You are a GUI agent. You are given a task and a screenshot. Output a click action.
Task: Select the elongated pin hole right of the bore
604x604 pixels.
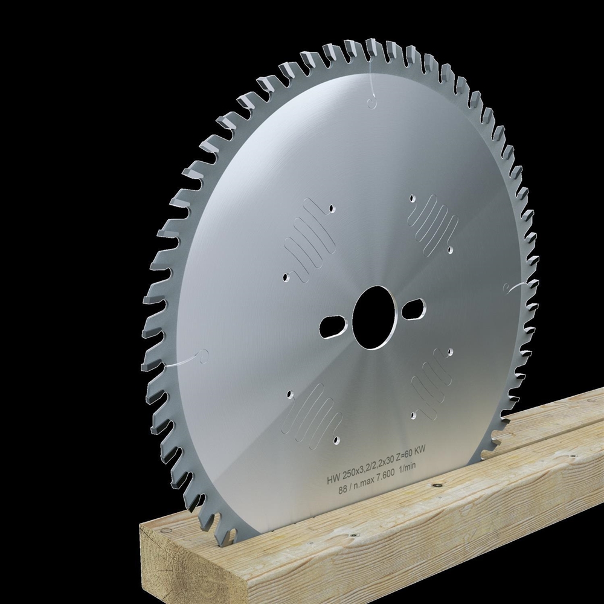click(x=414, y=308)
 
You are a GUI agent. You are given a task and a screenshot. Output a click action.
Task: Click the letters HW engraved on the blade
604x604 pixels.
click(x=333, y=481)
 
